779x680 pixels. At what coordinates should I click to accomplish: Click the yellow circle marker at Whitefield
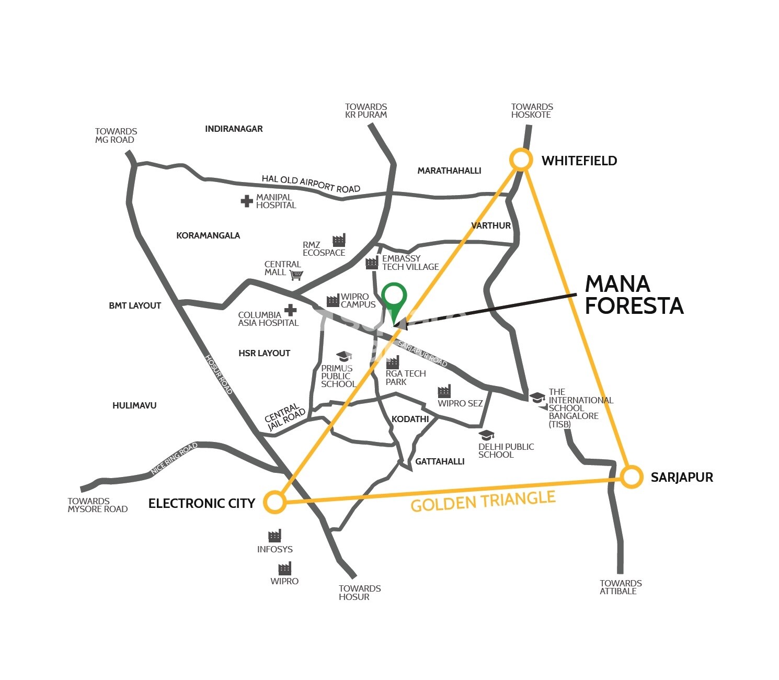[521, 160]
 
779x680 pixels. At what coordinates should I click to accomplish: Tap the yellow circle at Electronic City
[274, 502]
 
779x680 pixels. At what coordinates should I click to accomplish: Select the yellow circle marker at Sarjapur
[632, 477]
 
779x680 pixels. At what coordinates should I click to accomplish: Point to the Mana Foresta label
[634, 295]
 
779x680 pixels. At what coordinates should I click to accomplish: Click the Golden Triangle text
[483, 501]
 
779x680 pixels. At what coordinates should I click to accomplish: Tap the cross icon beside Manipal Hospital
[247, 201]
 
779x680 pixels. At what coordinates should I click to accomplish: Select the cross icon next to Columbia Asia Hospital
[290, 310]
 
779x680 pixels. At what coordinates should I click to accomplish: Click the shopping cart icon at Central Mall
[296, 275]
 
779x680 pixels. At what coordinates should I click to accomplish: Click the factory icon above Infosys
[274, 536]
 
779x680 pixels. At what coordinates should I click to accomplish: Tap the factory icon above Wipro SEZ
[444, 391]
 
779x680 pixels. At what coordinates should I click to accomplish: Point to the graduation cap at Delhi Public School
[487, 435]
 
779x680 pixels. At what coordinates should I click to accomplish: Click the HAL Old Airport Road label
[311, 184]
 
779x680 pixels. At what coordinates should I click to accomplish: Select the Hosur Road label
[219, 375]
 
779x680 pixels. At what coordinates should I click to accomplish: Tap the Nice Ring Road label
[174, 459]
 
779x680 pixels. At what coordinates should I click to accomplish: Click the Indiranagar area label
[234, 129]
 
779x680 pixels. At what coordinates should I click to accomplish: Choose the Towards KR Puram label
[366, 111]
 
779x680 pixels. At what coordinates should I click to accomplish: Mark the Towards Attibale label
[621, 587]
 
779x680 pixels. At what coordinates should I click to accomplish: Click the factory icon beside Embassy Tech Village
[372, 263]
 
